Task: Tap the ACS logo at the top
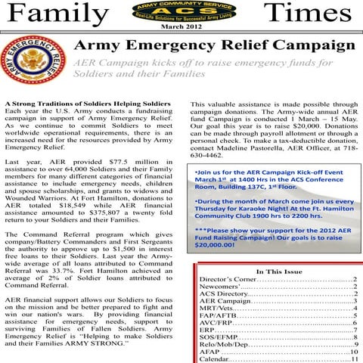pos(181,13)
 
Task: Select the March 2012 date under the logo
pos(181,28)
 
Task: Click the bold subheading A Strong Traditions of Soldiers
pos(75,103)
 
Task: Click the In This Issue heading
pos(279,271)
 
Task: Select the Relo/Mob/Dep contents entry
pos(225,345)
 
